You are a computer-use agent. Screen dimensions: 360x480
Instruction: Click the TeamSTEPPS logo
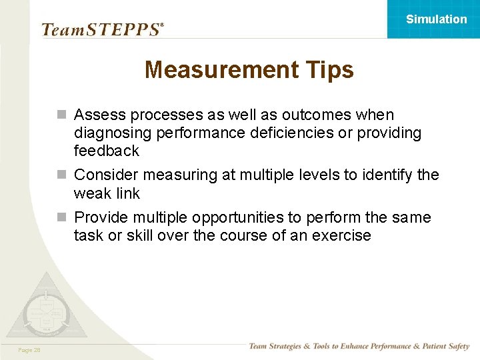click(x=102, y=29)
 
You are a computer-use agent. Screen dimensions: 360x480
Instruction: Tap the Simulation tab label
click(x=437, y=19)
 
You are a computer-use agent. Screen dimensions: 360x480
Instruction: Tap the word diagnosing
click(x=113, y=133)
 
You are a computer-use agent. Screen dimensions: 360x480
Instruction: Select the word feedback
click(x=107, y=151)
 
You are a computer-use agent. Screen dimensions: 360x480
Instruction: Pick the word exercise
click(x=339, y=235)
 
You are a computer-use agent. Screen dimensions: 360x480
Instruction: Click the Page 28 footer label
click(x=29, y=350)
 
